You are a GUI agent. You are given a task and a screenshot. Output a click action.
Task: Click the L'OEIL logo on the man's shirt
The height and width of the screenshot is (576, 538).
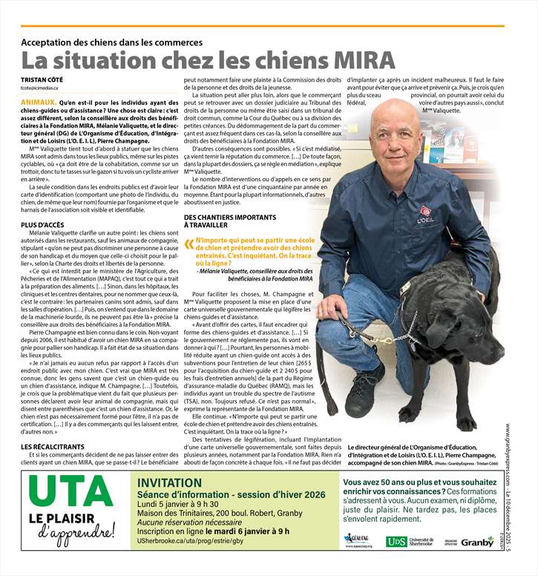(x=426, y=215)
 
